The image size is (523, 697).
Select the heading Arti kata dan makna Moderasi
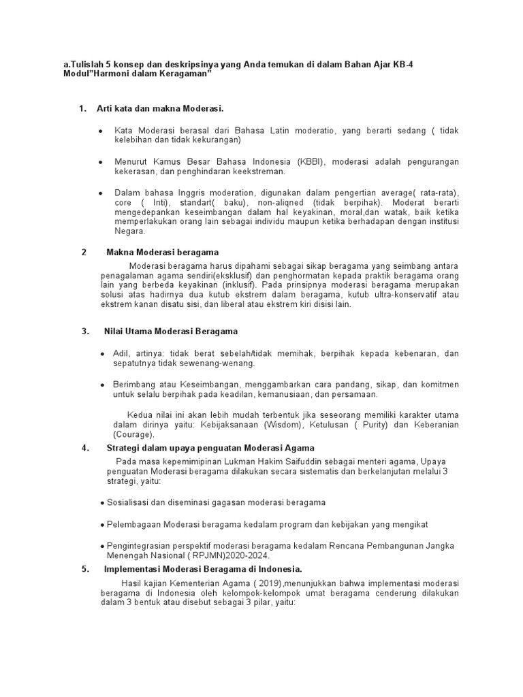click(x=160, y=108)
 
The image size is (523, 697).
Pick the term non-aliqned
click(x=286, y=202)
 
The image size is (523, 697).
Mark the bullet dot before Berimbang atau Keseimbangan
click(x=101, y=385)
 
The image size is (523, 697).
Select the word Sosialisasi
click(x=129, y=502)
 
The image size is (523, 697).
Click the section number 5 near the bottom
click(x=84, y=569)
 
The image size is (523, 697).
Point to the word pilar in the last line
click(x=261, y=603)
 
